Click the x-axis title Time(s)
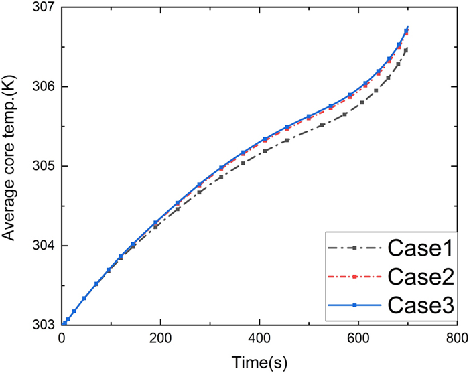[259, 361]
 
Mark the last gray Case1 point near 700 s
[406, 50]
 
